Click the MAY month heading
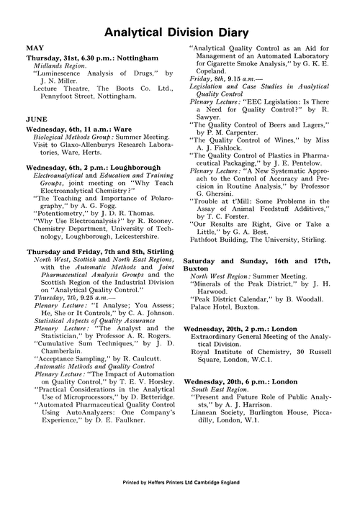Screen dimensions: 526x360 click(x=35, y=47)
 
